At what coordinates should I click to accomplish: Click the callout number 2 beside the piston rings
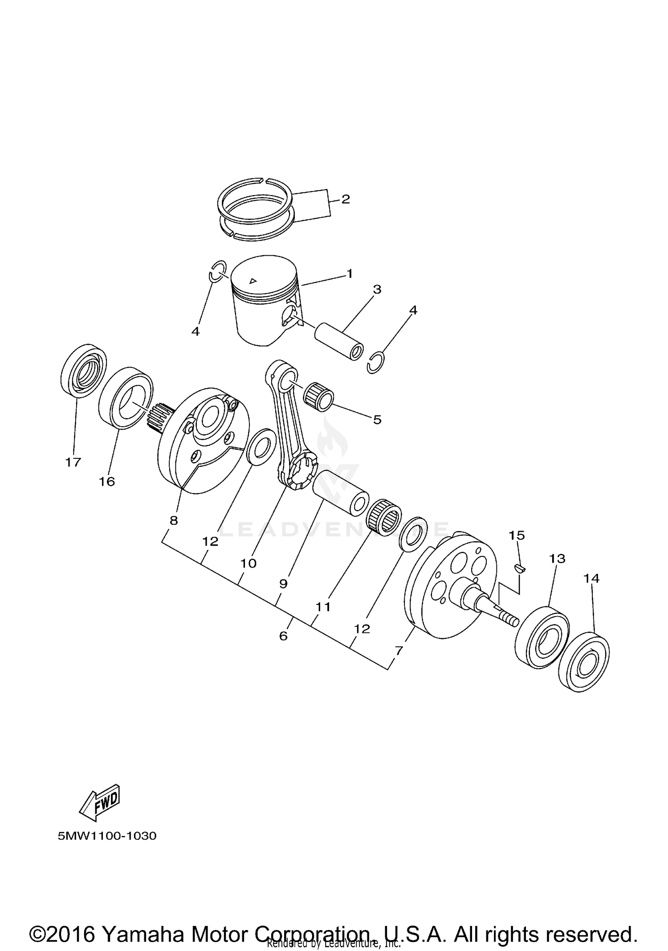point(346,199)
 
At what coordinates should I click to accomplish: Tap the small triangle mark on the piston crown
point(253,280)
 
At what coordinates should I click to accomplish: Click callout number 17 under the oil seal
point(73,462)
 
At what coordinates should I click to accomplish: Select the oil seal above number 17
point(84,370)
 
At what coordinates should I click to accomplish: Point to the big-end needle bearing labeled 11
point(384,518)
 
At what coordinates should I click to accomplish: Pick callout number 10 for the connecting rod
point(248,563)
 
